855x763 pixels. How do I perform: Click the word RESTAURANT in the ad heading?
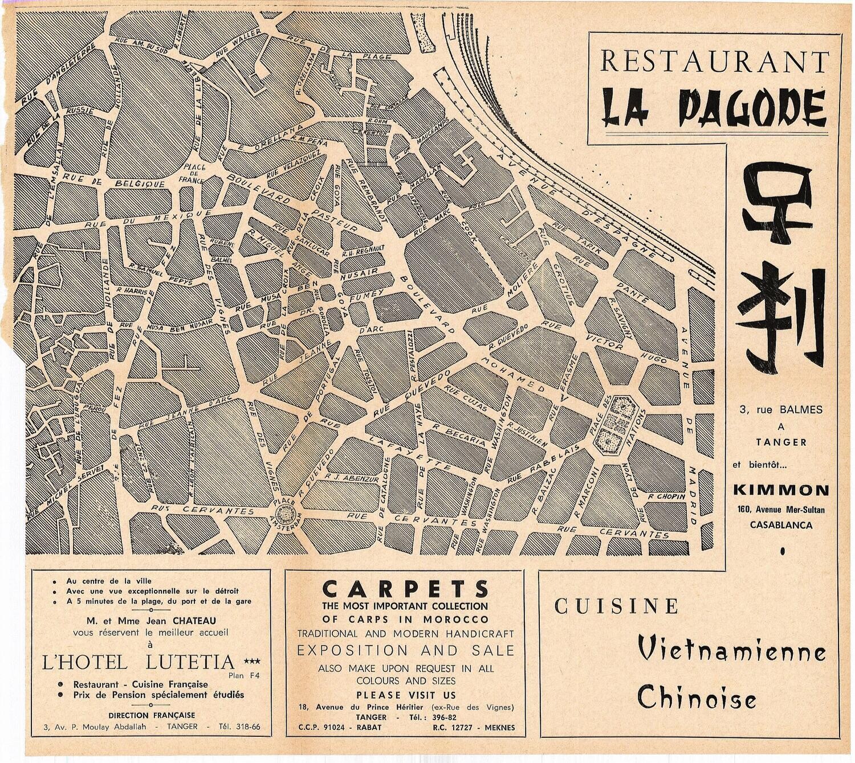click(x=714, y=61)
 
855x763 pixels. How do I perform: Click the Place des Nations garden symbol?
click(x=618, y=424)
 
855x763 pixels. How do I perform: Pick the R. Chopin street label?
click(x=665, y=497)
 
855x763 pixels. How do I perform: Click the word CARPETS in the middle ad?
click(x=405, y=588)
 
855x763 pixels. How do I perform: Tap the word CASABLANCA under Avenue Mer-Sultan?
click(x=780, y=525)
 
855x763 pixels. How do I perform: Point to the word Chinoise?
click(x=696, y=696)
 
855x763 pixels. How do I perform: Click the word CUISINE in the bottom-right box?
click(x=617, y=607)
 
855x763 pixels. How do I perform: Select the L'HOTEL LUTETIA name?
click(x=139, y=662)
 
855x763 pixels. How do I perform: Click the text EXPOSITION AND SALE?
click(x=405, y=650)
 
